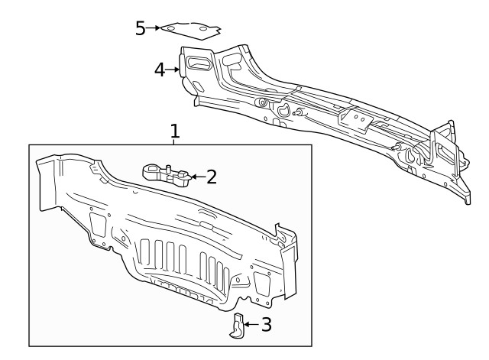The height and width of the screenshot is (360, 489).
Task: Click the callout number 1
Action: tap(174, 131)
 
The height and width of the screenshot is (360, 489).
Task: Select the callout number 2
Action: tap(212, 177)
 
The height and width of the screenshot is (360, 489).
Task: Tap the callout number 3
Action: tap(265, 325)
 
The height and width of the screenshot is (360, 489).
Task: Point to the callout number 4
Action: tap(159, 70)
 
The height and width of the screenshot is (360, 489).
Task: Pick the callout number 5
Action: tap(141, 28)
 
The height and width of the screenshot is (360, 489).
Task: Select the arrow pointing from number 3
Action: tap(250, 325)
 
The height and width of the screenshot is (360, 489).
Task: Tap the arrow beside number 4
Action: tap(173, 70)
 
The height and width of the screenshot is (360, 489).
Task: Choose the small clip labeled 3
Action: tap(238, 326)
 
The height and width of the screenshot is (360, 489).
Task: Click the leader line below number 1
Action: tap(174, 141)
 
